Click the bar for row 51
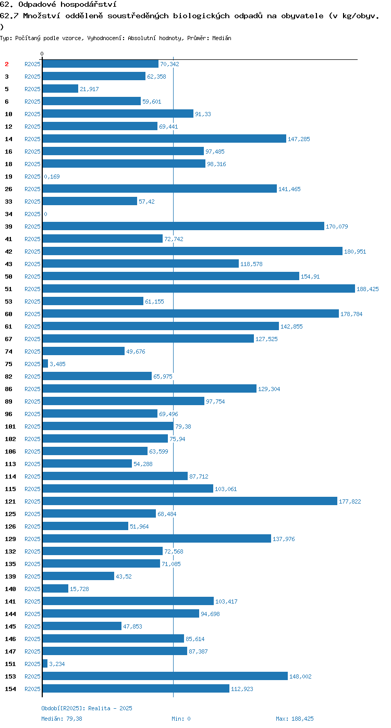[199, 288]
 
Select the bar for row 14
[164, 139]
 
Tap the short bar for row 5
[60, 89]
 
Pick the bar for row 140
[55, 588]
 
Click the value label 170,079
[337, 227]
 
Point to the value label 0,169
[52, 177]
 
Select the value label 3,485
[57, 364]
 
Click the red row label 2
[6, 64]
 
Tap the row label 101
[10, 426]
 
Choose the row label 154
[10, 688]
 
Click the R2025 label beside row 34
[32, 214]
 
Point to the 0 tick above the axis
[42, 54]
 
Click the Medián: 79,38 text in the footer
[62, 719]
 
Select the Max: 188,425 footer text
[295, 719]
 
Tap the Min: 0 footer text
[181, 719]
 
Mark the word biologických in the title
[201, 16]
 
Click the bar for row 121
[190, 501]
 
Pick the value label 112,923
[242, 688]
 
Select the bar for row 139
[78, 576]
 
